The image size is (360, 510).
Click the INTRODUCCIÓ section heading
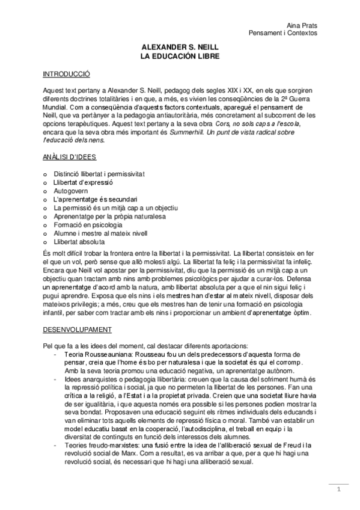(66, 75)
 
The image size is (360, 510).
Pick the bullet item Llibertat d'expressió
(83, 182)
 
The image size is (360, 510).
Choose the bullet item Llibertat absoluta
(78, 241)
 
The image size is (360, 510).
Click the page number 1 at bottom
(339, 489)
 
